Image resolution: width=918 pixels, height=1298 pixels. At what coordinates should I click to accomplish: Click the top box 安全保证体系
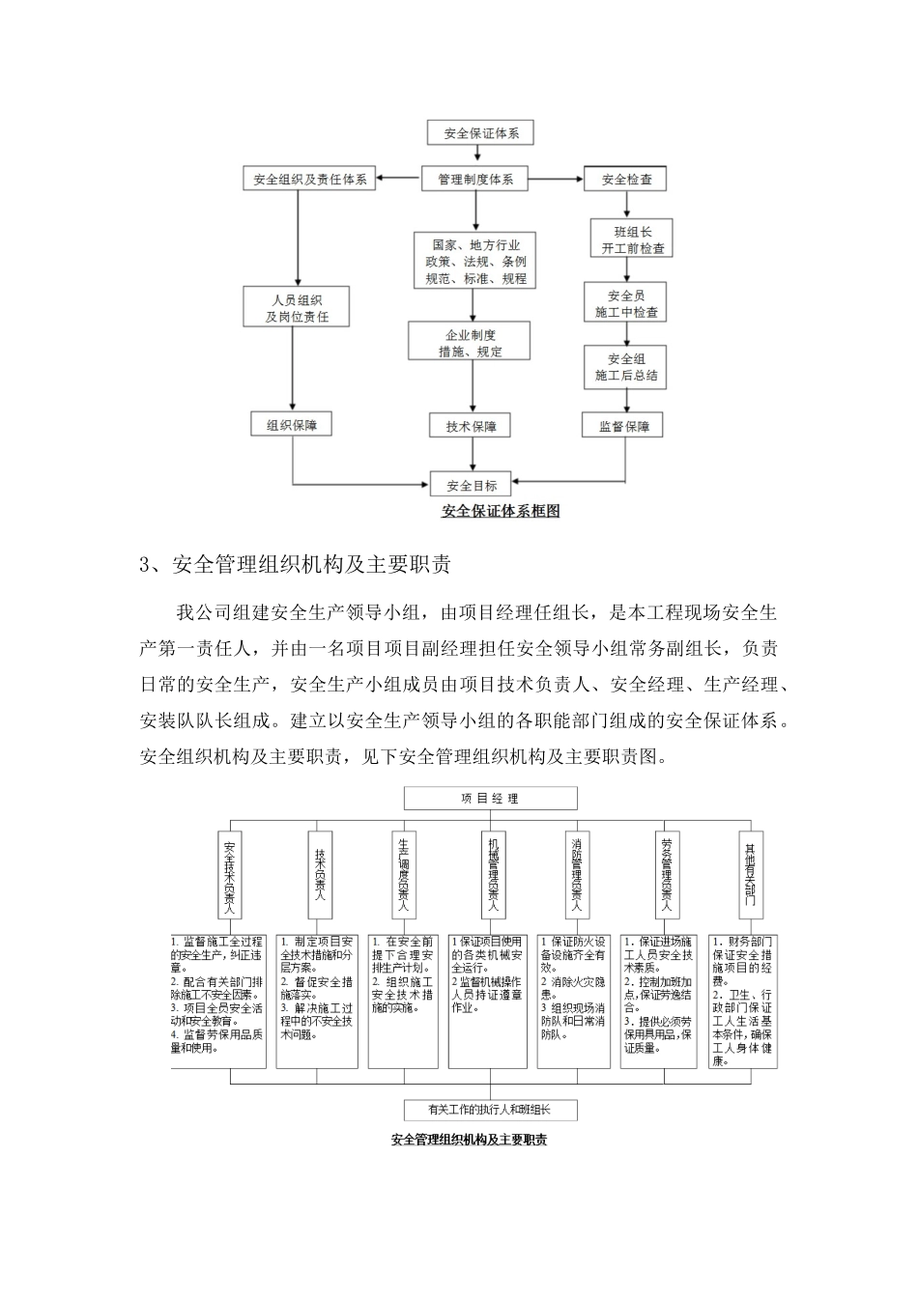tap(480, 133)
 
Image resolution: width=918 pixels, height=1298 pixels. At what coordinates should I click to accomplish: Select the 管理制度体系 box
tap(475, 179)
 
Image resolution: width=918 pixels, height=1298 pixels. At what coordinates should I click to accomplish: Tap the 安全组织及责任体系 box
tap(309, 180)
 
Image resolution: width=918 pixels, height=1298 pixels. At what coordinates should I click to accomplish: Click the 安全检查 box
tap(626, 180)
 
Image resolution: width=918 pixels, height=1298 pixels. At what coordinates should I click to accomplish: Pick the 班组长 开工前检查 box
tap(626, 240)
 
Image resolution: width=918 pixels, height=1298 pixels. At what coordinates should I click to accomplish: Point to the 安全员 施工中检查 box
tap(626, 304)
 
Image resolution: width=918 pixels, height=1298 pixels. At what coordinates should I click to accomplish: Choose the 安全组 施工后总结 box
tap(626, 367)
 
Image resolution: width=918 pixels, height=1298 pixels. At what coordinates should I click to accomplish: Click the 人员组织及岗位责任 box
tap(296, 308)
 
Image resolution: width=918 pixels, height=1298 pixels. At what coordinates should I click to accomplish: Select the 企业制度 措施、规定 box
tap(471, 343)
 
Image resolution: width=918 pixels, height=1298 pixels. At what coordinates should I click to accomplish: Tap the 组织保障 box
tap(292, 424)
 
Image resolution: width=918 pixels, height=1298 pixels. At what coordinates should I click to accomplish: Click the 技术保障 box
tap(471, 426)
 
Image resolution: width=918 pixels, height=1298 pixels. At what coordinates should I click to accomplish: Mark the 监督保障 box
tap(624, 426)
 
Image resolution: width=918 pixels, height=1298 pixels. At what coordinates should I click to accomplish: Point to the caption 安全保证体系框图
tap(501, 512)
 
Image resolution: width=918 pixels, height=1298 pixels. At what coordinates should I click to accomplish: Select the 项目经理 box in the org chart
tap(490, 799)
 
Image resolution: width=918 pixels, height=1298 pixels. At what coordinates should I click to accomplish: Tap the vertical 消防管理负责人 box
tap(576, 874)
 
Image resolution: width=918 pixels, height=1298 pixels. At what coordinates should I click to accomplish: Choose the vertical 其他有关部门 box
tap(750, 874)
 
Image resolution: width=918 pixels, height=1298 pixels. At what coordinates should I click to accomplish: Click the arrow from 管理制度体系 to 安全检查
tap(557, 179)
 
